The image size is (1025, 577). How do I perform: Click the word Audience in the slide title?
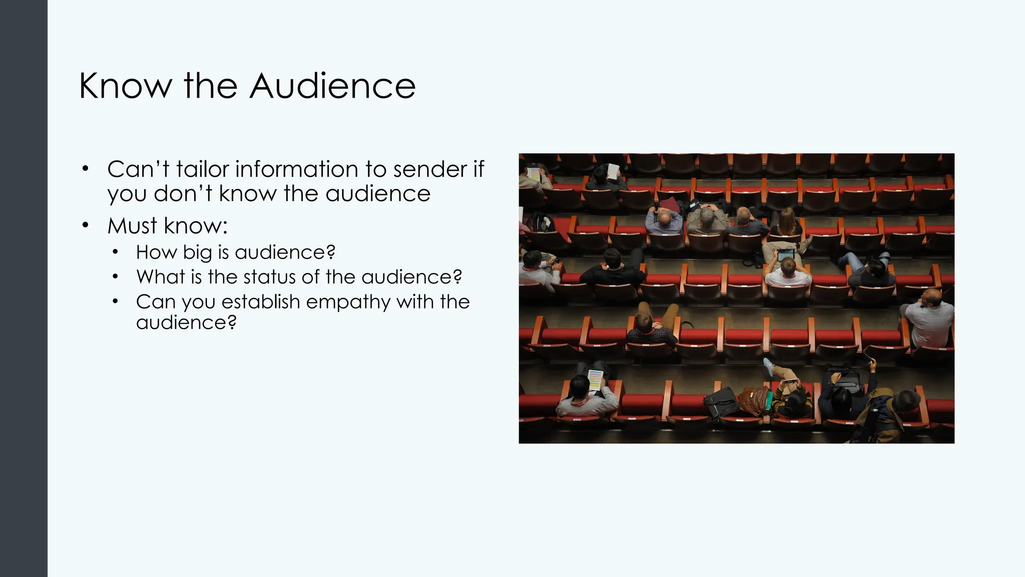[x=332, y=86]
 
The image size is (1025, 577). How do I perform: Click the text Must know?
[x=168, y=226]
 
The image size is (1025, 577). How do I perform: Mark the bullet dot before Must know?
[x=86, y=225]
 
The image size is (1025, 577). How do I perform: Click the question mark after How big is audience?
[x=330, y=252]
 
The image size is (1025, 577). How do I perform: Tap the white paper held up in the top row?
[x=613, y=171]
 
